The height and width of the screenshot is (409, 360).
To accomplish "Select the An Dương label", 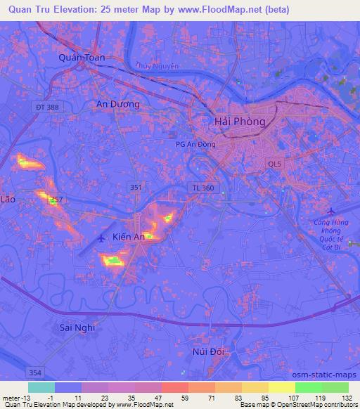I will point(117,104).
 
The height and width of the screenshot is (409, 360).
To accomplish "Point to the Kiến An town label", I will point(129,238).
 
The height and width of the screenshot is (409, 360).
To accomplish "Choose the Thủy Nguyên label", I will point(158,66).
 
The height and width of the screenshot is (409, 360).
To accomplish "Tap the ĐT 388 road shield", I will point(46,106).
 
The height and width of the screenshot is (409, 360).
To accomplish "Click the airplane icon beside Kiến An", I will point(103,238).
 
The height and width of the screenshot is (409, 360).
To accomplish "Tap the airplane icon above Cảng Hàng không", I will point(333,212).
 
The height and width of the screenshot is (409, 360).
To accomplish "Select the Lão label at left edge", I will point(8,200).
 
